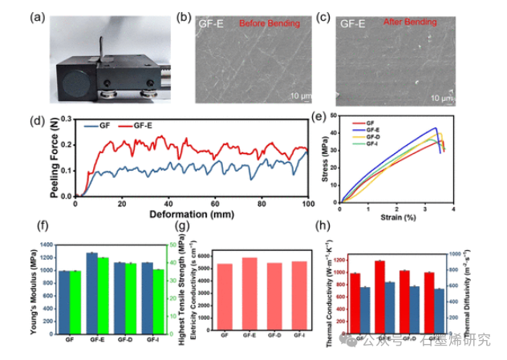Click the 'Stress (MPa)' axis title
pyautogui.click(x=328, y=164)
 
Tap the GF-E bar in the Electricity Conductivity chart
pyautogui.click(x=249, y=293)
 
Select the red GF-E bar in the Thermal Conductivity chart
pyautogui.click(x=379, y=297)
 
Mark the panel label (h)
pyautogui.click(x=322, y=228)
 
